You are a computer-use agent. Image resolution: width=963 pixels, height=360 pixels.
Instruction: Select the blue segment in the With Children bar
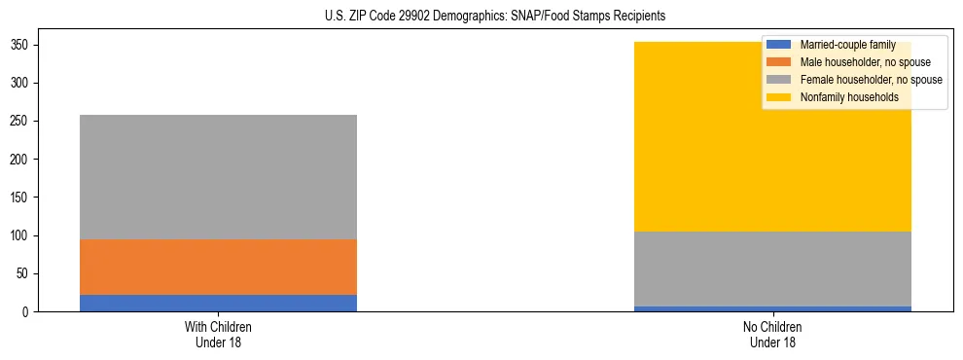click(218, 303)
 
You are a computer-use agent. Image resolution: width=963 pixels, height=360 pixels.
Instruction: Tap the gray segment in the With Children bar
click(218, 177)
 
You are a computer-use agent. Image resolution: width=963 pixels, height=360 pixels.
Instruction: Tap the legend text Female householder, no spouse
click(871, 80)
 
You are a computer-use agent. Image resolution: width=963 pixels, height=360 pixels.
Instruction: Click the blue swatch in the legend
click(779, 46)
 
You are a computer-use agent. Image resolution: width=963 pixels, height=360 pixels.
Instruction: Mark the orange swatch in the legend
click(779, 63)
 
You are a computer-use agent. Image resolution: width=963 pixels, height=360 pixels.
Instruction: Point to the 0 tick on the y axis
click(28, 312)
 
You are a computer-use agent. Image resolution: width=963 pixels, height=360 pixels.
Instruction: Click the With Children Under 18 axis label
click(218, 335)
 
